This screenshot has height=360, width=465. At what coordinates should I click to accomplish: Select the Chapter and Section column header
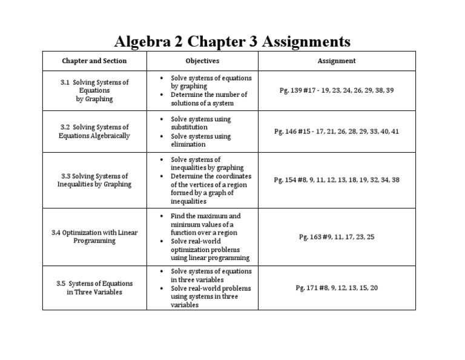[x=94, y=61]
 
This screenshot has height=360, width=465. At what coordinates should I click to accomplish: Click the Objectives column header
[x=202, y=61]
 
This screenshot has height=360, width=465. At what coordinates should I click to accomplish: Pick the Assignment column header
[x=337, y=61]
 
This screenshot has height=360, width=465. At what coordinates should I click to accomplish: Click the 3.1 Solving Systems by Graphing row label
[x=94, y=90]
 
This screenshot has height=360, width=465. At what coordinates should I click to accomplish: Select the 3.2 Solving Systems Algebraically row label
[x=94, y=132]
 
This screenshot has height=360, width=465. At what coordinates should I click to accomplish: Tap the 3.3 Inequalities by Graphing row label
[x=94, y=180]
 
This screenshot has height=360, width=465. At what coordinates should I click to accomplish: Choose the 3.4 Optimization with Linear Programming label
[x=94, y=236]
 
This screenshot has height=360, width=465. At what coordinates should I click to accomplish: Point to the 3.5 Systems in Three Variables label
[x=94, y=287]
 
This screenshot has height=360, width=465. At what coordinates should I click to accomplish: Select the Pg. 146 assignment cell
[x=336, y=132]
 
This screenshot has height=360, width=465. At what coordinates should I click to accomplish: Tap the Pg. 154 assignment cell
[x=337, y=180]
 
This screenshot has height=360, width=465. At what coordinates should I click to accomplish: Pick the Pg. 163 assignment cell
[x=337, y=237]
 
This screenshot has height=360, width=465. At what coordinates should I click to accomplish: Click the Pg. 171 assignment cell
[x=337, y=288]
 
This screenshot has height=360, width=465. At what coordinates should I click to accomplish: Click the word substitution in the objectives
[x=189, y=127]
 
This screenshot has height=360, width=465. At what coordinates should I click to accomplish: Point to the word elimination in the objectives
[x=188, y=144]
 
